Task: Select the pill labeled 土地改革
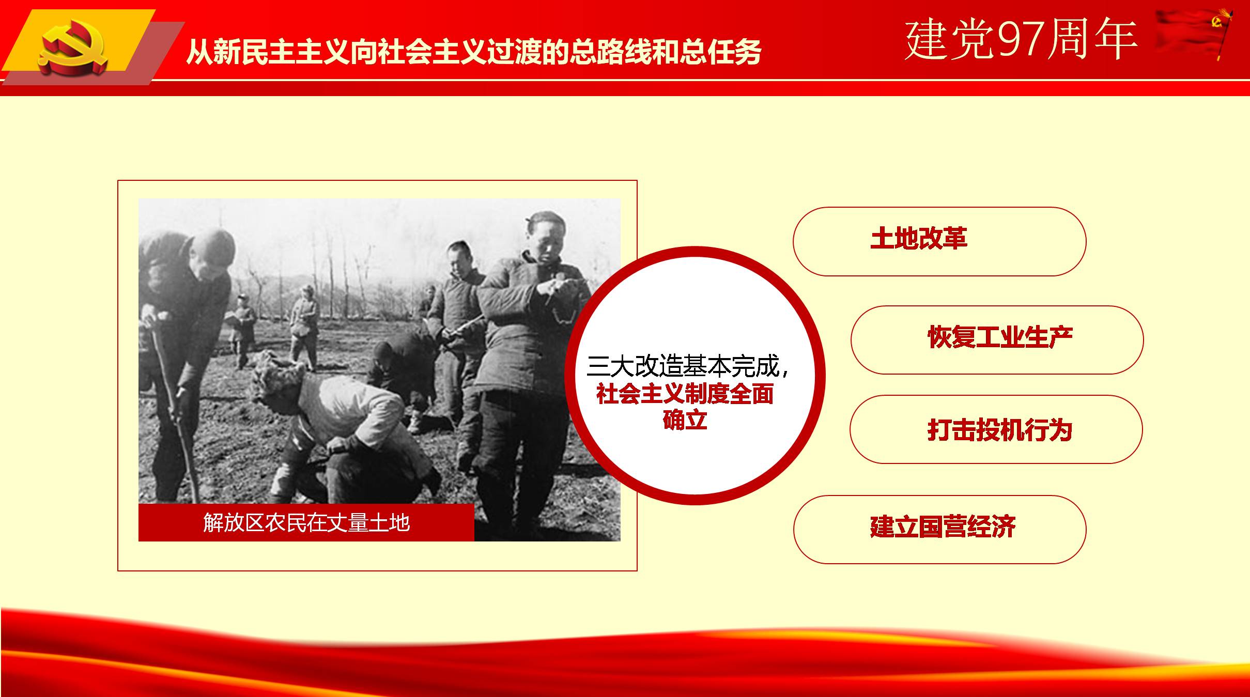coord(939,241)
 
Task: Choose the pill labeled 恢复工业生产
coord(997,339)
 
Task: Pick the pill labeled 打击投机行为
coord(996,429)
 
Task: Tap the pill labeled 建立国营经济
coord(939,529)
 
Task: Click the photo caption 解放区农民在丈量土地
coord(306,523)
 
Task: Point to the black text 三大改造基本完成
coord(682,366)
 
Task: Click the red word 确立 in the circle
coord(685,419)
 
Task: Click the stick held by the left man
coord(176,413)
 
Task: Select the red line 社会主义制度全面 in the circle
coord(685,394)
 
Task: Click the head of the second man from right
coord(460,256)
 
